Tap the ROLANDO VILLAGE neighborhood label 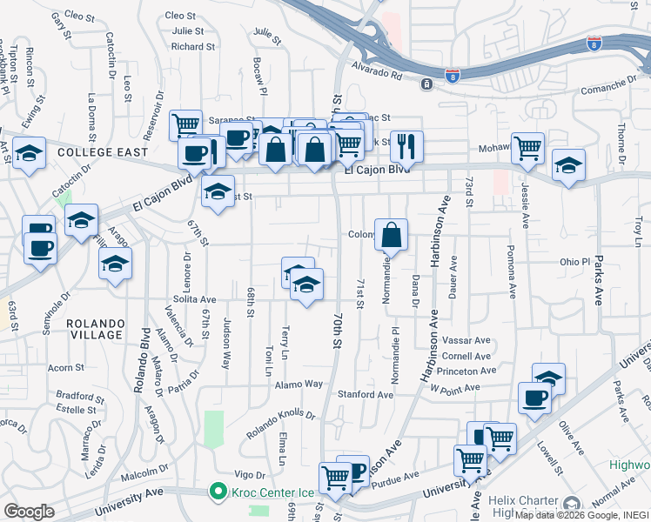tap(94, 329)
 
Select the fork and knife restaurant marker tap(406, 147)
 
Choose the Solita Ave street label tap(194, 298)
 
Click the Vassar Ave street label tap(466, 339)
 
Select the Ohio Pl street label tap(574, 261)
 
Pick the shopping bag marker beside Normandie tap(391, 235)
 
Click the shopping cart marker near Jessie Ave tap(527, 149)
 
